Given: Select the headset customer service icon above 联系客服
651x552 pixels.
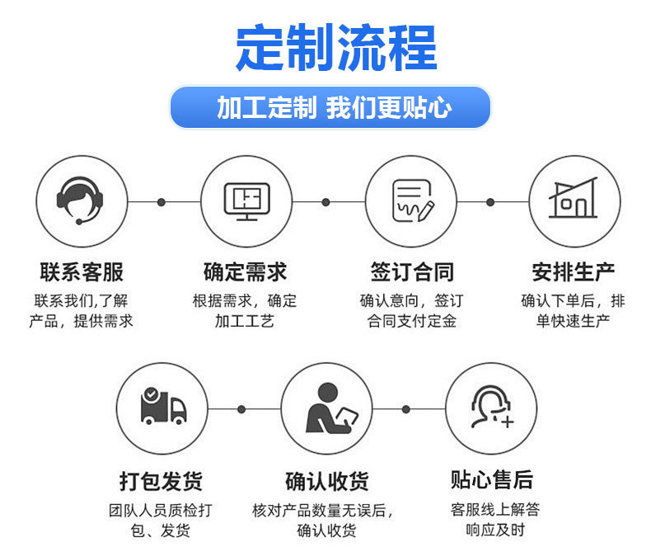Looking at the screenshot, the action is tap(82, 201).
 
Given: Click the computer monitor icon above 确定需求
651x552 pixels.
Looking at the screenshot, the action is tap(246, 201).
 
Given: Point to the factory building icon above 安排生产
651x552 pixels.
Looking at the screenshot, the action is tap(574, 201).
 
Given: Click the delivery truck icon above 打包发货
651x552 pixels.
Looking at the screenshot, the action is tap(162, 408).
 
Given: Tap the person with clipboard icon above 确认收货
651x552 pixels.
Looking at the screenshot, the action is tap(326, 408).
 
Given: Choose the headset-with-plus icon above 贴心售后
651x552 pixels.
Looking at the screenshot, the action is tap(491, 408).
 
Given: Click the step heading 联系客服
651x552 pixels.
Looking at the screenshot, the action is tap(82, 271).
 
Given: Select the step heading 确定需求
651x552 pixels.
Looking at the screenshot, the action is tap(245, 271).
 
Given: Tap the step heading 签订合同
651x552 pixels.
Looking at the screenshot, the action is tap(411, 271).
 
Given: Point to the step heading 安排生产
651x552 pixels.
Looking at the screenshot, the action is tap(574, 271).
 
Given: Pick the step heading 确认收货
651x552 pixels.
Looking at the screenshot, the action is tap(326, 480).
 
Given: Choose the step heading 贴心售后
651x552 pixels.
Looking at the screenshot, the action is tap(492, 479).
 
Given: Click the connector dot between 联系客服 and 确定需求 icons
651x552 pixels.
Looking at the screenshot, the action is tap(162, 201).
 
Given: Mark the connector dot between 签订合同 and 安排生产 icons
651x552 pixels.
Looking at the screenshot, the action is tap(490, 201).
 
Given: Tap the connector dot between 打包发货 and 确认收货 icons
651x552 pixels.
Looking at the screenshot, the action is tap(241, 408).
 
